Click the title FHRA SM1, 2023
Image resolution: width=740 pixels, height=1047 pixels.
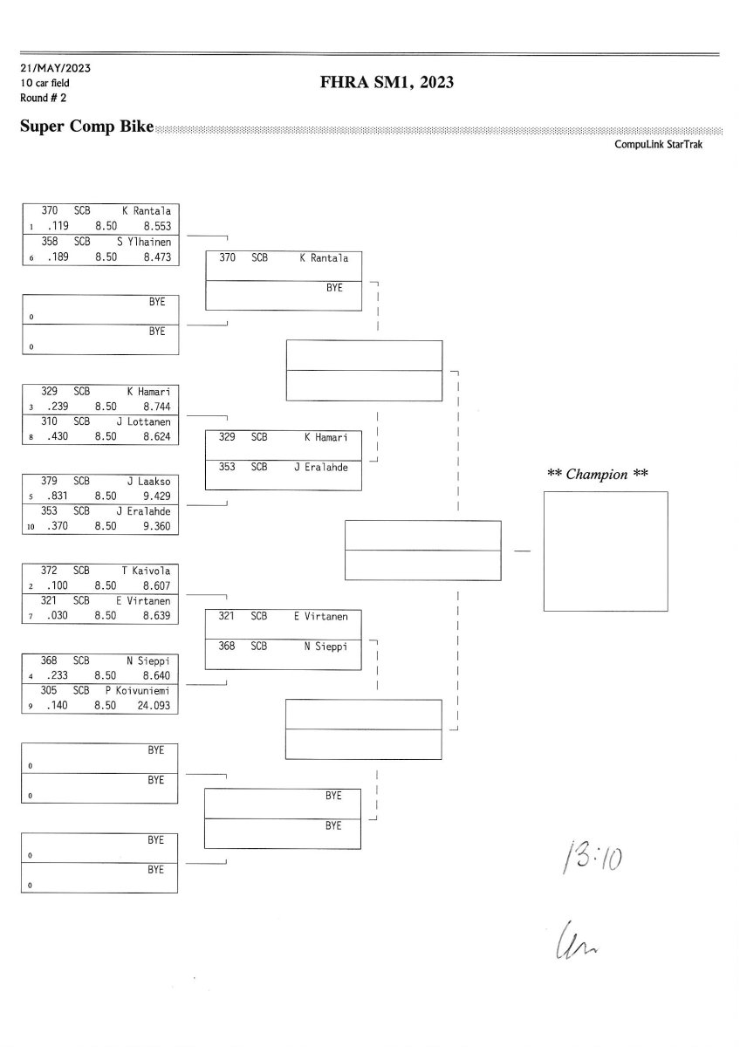tap(388, 83)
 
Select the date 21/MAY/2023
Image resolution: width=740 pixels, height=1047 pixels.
tap(55, 68)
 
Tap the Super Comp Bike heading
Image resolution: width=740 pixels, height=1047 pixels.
tap(86, 127)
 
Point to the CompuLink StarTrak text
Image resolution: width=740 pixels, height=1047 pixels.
tap(658, 145)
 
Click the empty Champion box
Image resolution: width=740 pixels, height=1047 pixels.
tap(605, 551)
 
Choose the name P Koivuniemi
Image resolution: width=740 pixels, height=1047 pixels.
tap(142, 691)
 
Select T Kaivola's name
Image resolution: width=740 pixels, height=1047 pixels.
tap(146, 571)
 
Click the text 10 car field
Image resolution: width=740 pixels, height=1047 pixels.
tap(45, 83)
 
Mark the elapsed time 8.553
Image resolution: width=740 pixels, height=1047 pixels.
tap(156, 225)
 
